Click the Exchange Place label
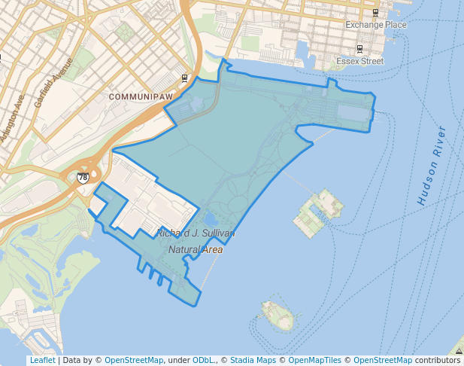[375, 25]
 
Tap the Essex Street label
[359, 61]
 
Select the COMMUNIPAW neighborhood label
[141, 97]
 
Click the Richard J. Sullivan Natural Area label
[196, 241]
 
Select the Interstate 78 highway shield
[82, 178]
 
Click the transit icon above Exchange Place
[375, 12]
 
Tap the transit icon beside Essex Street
[359, 49]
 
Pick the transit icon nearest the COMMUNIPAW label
[185, 78]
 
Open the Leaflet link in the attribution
[42, 361]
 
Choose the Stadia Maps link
[251, 361]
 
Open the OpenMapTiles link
[312, 361]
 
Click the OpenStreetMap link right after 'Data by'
[134, 361]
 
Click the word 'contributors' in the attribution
[438, 361]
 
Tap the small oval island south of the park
[276, 315]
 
